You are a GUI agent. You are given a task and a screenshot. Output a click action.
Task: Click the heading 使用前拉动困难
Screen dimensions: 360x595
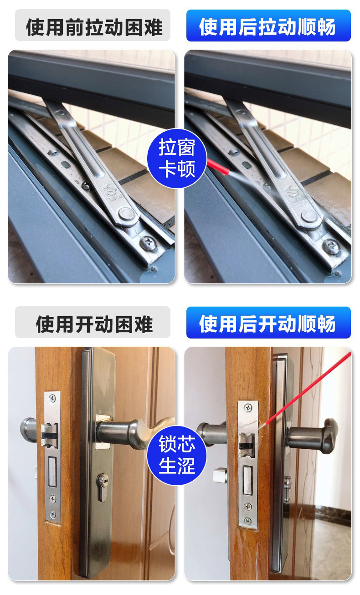click(x=94, y=27)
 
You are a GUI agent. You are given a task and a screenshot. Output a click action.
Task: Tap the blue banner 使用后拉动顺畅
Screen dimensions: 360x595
click(x=268, y=26)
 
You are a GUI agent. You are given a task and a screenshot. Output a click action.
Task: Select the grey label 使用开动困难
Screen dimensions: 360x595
click(x=94, y=324)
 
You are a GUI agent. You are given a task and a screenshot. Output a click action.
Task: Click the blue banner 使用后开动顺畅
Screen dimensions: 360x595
click(x=268, y=323)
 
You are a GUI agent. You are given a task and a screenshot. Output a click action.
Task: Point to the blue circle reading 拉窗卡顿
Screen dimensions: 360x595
click(x=177, y=158)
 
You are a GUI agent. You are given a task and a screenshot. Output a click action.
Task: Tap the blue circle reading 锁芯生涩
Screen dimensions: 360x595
click(x=177, y=455)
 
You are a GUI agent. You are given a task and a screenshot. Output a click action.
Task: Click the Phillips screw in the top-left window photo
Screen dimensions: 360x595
click(x=148, y=242)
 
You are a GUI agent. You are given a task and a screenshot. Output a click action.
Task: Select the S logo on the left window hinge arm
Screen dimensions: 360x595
click(x=109, y=191)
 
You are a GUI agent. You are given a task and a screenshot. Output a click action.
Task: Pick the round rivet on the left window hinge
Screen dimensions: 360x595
click(x=126, y=214)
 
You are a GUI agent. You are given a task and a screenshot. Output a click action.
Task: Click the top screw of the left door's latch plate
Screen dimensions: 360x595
click(x=52, y=398)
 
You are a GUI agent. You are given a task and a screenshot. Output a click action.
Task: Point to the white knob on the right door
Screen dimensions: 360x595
click(x=220, y=475)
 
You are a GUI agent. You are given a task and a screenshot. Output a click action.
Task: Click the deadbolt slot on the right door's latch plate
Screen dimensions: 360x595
click(x=247, y=481)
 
